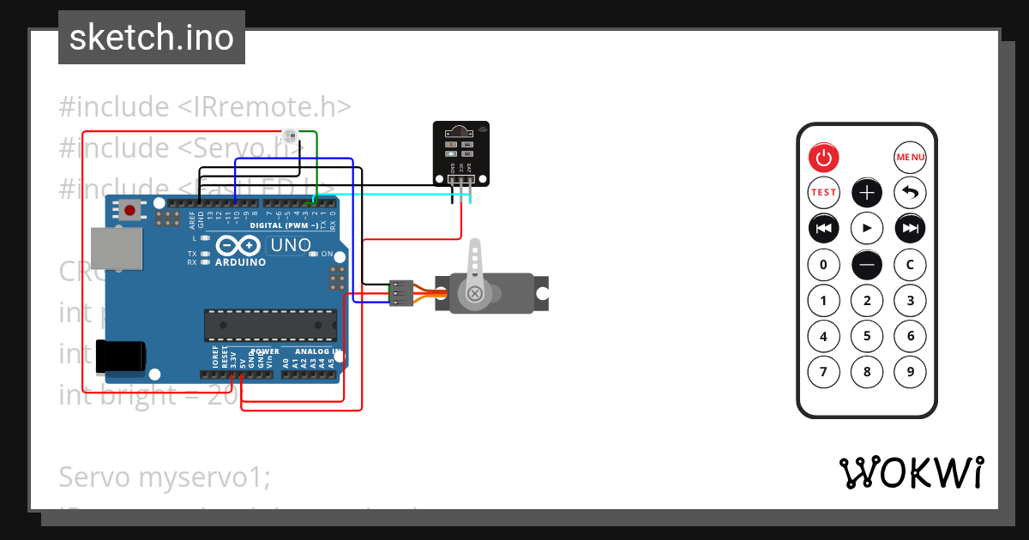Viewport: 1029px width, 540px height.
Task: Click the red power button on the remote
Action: click(x=823, y=157)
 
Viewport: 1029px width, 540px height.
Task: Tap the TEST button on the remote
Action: click(x=823, y=193)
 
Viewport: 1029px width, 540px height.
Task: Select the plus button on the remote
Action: click(x=867, y=193)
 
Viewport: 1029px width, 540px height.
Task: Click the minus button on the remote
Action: click(x=867, y=265)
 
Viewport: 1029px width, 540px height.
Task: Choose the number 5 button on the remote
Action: click(x=867, y=336)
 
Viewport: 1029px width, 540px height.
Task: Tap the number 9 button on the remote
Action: click(x=910, y=372)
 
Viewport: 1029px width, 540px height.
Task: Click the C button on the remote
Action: click(x=910, y=265)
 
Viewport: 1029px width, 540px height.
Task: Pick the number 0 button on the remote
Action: click(x=823, y=265)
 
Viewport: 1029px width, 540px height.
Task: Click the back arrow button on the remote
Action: click(x=910, y=193)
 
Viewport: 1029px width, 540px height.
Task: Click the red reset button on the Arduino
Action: click(x=130, y=210)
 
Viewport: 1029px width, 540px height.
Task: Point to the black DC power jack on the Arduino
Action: click(x=120, y=357)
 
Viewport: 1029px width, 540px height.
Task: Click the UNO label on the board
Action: click(x=291, y=246)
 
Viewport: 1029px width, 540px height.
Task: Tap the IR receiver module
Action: click(x=461, y=153)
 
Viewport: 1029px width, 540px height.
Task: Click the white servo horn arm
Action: click(x=474, y=274)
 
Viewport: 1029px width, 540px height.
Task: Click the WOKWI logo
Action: click(x=911, y=472)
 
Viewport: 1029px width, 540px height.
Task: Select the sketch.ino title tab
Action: click(x=152, y=38)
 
